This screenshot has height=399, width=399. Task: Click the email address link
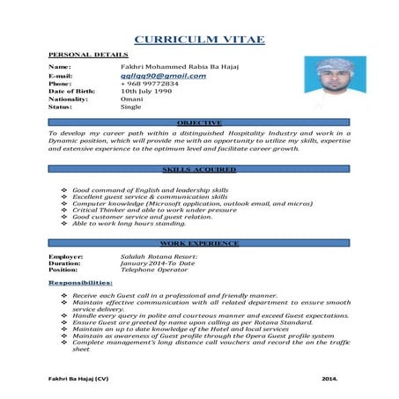pos(163,76)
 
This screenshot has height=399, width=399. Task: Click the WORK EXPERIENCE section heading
pos(198,241)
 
